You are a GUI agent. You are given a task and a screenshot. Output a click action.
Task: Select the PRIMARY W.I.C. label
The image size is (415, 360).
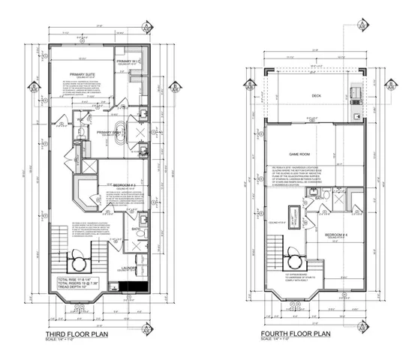[130, 61]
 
